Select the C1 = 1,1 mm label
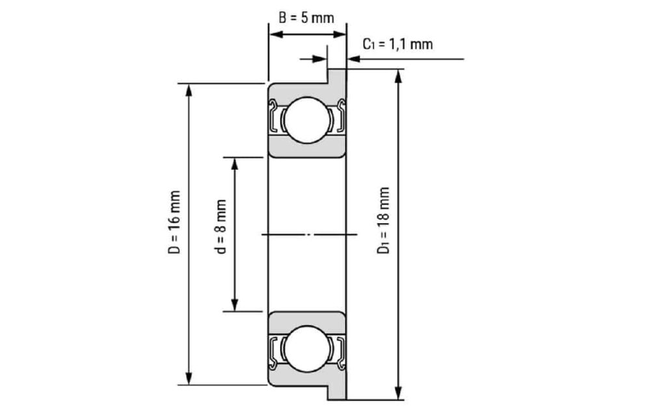[397, 44]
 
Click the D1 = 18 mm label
[384, 221]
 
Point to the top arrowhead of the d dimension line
[235, 162]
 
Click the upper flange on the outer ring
[337, 76]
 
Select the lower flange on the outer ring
[337, 391]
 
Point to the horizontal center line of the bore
[309, 234]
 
